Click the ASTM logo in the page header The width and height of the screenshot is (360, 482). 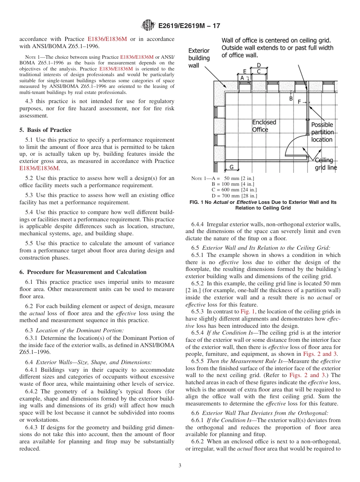click(x=148, y=26)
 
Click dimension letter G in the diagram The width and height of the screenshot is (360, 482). click(x=231, y=166)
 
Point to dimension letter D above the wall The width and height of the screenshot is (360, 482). click(x=259, y=65)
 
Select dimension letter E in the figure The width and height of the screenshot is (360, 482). click(x=244, y=71)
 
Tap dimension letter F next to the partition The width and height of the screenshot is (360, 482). click(x=299, y=102)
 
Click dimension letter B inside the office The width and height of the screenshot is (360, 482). click(x=291, y=98)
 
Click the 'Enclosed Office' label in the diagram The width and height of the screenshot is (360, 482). click(x=264, y=126)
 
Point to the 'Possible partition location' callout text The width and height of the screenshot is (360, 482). click(x=322, y=132)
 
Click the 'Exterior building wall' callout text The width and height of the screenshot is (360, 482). click(x=199, y=58)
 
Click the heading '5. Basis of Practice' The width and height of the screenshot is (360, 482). click(x=45, y=130)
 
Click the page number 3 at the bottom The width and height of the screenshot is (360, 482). click(x=180, y=465)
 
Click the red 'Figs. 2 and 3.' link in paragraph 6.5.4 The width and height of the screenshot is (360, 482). click(x=323, y=354)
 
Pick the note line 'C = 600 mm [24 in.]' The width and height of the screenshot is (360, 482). click(x=234, y=189)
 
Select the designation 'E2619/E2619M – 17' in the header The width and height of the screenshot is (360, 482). click(x=189, y=26)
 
